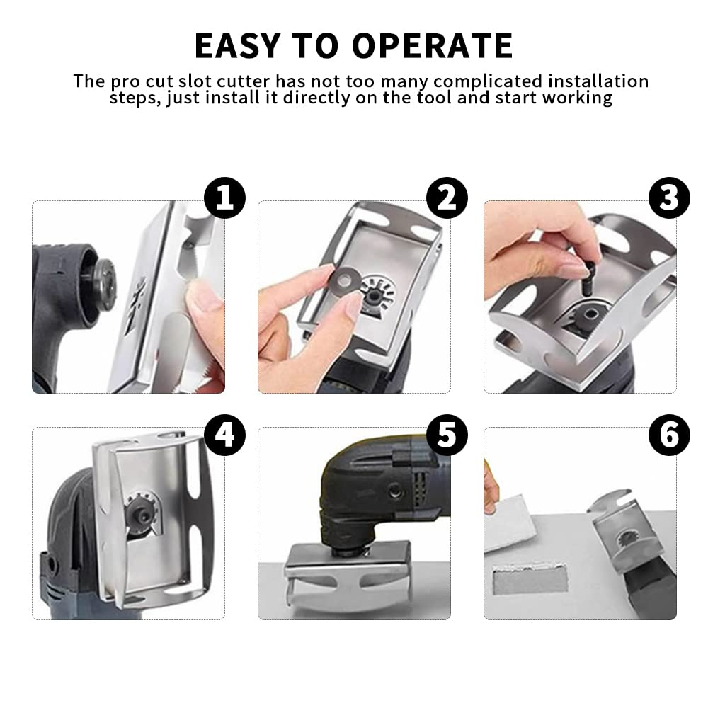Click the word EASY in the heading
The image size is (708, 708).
(231, 46)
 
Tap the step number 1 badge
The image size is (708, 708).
(225, 198)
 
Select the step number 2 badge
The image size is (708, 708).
(447, 198)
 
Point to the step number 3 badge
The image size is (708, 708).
(669, 198)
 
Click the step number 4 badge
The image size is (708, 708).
(225, 434)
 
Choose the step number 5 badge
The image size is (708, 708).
(447, 434)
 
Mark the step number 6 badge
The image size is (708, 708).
(669, 434)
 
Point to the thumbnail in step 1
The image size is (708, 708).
(205, 297)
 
